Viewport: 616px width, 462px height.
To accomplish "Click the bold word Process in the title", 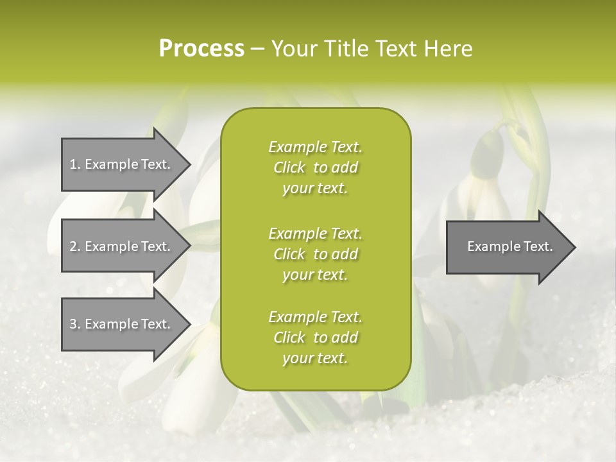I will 201,49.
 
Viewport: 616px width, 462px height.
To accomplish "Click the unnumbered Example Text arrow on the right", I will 509,246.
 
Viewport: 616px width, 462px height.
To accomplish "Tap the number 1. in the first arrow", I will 75,164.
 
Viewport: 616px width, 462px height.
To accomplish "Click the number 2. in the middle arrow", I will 75,246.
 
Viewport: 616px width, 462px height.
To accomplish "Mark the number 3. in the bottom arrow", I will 75,324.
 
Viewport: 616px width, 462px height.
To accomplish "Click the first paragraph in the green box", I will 315,167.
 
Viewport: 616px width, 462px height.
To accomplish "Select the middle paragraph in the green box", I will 315,253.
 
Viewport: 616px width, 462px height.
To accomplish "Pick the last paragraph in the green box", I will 315,338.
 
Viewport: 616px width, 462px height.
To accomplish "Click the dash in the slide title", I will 257,49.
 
